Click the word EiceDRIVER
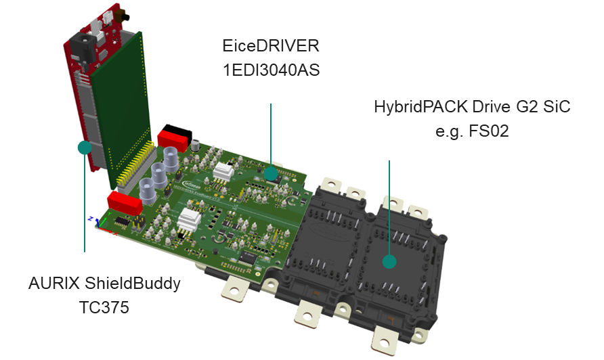(270, 47)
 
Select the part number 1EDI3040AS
(270, 70)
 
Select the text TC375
(104, 307)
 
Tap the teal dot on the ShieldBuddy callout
(85, 147)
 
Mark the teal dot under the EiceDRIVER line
(271, 174)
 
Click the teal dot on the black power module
(389, 261)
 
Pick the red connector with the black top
(173, 136)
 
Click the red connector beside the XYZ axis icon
(123, 200)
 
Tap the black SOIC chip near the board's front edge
(248, 258)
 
